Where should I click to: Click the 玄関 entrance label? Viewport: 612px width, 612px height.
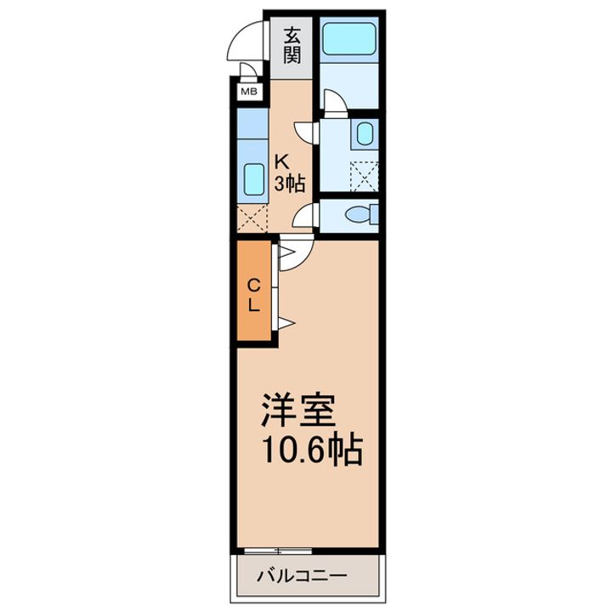pyautogui.click(x=292, y=46)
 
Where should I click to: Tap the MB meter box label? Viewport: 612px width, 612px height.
pyautogui.click(x=249, y=92)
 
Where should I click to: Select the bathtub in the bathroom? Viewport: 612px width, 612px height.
pyautogui.click(x=349, y=38)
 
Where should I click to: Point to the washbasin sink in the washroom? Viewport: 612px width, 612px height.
pyautogui.click(x=365, y=133)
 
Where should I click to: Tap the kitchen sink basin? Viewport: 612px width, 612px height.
pyautogui.click(x=253, y=178)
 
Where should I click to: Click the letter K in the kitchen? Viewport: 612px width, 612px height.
pyautogui.click(x=283, y=162)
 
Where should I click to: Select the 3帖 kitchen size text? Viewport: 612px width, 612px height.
pyautogui.click(x=289, y=184)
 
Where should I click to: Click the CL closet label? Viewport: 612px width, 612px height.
pyautogui.click(x=254, y=295)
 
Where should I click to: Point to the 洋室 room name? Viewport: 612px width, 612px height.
pyautogui.click(x=298, y=411)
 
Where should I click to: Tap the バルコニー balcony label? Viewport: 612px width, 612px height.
pyautogui.click(x=302, y=575)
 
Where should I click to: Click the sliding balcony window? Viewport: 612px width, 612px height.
pyautogui.click(x=278, y=551)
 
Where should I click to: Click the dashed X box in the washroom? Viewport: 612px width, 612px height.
pyautogui.click(x=365, y=177)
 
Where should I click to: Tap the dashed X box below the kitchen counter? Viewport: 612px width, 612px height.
pyautogui.click(x=252, y=218)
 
